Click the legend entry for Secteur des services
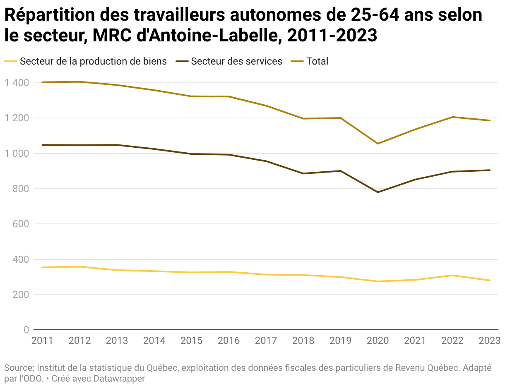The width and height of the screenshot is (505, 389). tap(236, 61)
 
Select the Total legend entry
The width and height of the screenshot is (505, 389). tap(317, 61)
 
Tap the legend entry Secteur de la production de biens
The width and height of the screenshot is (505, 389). tap(93, 61)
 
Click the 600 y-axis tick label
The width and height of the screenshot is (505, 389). tap(21, 224)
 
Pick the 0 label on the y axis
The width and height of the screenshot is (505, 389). tap(26, 330)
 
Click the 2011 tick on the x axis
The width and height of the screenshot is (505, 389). tap(42, 341)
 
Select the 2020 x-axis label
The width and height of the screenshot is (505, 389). tap(378, 341)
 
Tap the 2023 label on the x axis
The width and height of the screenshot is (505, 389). tap(490, 341)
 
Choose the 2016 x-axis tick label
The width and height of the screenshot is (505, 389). tap(228, 341)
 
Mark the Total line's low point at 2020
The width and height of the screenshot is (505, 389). tap(378, 144)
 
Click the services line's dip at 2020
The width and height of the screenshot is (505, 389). tap(378, 192)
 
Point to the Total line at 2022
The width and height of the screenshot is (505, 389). tap(452, 117)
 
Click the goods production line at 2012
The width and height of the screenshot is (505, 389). tap(79, 267)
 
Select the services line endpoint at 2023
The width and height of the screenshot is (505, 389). tap(490, 170)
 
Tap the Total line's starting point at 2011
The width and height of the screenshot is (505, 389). tap(42, 82)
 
